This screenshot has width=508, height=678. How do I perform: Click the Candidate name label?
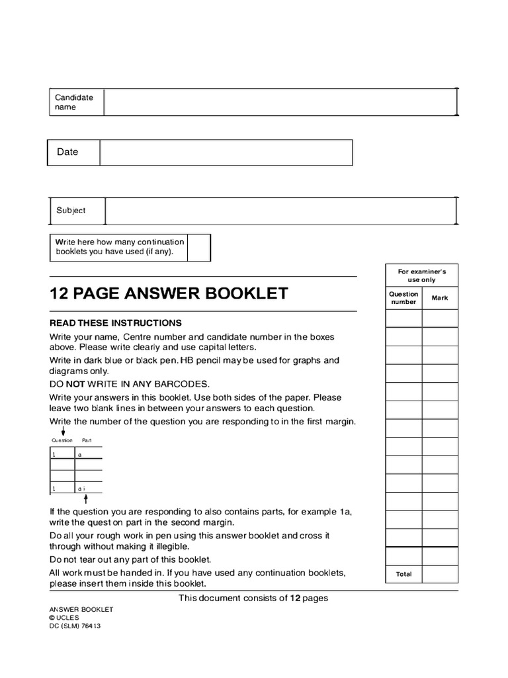tap(74, 102)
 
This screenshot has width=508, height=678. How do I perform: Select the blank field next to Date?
tap(226, 152)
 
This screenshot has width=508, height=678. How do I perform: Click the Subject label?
tap(71, 211)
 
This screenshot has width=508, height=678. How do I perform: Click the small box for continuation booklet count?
tap(199, 248)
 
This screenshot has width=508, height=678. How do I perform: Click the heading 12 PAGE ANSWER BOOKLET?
tap(169, 293)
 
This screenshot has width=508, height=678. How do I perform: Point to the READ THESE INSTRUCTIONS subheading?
tap(115, 323)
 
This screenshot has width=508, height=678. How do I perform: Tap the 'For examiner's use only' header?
tap(422, 275)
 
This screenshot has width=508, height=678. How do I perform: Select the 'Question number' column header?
tap(403, 298)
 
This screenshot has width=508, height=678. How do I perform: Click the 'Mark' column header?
tap(440, 298)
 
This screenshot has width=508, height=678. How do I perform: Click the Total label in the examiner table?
tap(403, 574)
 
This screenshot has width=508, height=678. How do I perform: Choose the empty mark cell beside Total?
tap(440, 574)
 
